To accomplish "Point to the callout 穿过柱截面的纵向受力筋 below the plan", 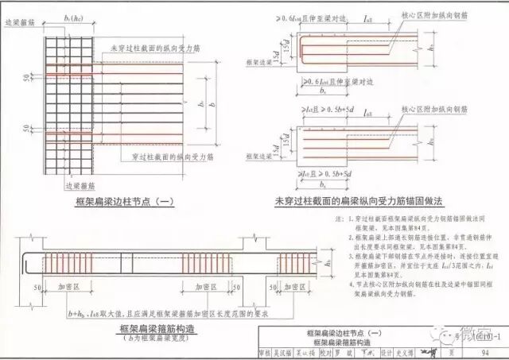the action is [x=164, y=157].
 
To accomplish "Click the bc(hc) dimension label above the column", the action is [x=73, y=14].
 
